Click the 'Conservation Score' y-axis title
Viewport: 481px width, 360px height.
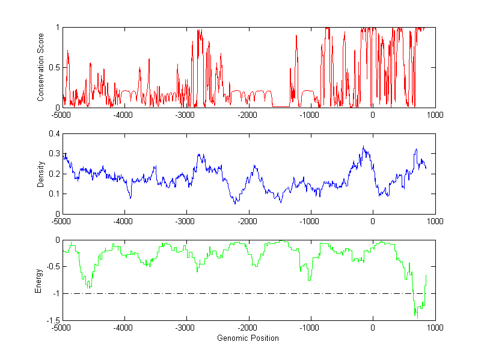(40, 67)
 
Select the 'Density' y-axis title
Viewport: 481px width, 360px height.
(40, 174)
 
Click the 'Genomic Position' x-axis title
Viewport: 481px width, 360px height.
(248, 338)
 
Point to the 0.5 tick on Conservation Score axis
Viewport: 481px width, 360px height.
(54, 67)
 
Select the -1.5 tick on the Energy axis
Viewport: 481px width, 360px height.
(53, 320)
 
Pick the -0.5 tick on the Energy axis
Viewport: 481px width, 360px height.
(53, 267)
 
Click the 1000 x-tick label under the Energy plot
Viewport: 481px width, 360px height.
(435, 328)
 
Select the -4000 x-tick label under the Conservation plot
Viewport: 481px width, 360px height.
(124, 115)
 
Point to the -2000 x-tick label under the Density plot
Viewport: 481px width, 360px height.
(248, 221)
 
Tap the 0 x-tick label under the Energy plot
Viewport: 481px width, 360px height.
(373, 328)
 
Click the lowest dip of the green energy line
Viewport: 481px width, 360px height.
(417, 316)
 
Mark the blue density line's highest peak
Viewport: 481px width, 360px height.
(363, 146)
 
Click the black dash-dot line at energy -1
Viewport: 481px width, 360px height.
(240, 293)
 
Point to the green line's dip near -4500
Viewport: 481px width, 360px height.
(90, 288)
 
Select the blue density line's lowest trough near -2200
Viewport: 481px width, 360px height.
(236, 204)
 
